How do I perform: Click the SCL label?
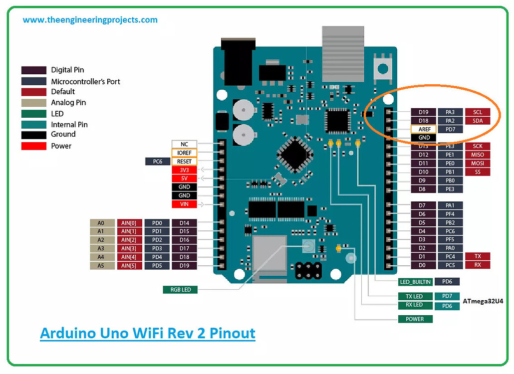478,112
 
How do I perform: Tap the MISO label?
478,155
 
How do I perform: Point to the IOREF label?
184,153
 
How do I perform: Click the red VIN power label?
184,204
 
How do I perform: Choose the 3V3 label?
184,170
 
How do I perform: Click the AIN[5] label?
130,265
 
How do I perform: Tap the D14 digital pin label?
185,223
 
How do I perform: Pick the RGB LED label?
180,289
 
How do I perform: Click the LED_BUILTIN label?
415,282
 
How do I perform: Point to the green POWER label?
415,319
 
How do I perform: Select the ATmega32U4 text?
483,301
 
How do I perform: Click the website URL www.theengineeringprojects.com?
90,20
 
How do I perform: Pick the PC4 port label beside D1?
451,256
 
